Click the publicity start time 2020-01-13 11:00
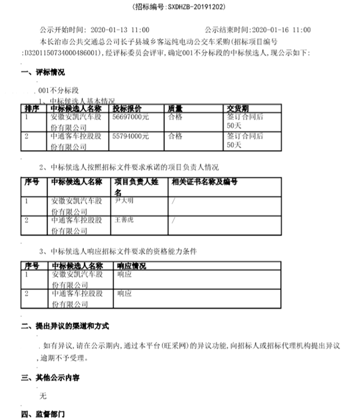coord(122,29)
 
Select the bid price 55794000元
coord(131,137)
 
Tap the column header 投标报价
coord(128,109)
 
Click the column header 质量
coord(175,109)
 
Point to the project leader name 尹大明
coord(125,201)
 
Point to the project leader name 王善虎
coord(125,220)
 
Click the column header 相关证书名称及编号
coord(205,181)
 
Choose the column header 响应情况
coord(132,265)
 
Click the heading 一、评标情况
coord(43,73)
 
